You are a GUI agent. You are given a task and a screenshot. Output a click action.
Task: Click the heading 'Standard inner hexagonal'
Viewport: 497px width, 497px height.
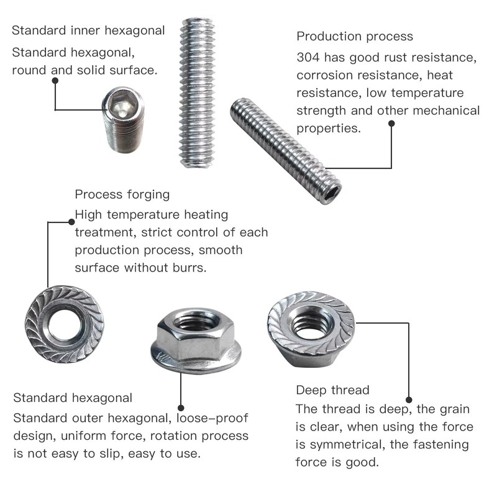coord(88,30)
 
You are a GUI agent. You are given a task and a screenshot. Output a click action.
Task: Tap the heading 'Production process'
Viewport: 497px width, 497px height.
coord(355,37)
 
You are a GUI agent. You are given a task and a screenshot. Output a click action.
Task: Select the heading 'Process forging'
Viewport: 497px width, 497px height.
coord(122,194)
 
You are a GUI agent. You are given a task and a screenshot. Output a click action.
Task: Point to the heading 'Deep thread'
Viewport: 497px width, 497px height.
coord(332,390)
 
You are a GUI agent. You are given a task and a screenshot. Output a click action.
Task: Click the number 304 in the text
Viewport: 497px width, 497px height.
coord(308,58)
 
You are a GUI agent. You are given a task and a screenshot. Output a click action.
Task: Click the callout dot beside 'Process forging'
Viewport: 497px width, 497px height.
coord(70,220)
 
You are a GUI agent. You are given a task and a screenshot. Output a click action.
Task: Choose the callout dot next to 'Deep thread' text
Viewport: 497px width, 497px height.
coord(409,400)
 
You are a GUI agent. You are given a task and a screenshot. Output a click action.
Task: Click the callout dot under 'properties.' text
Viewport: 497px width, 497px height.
coord(392,123)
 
